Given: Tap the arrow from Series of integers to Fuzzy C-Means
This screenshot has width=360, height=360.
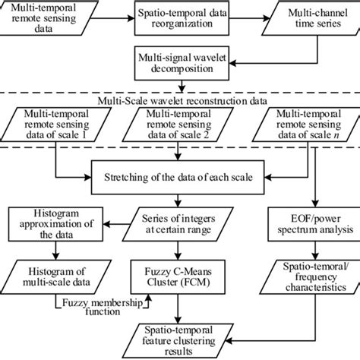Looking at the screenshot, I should coord(179,248).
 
